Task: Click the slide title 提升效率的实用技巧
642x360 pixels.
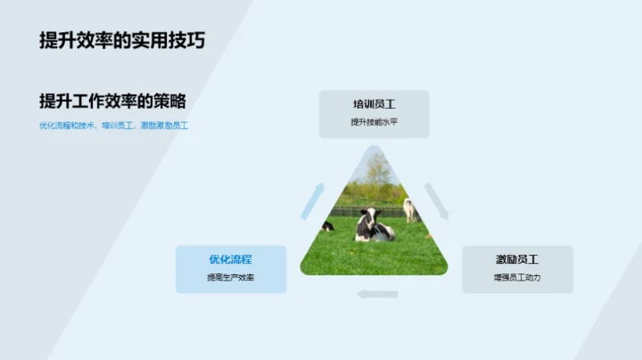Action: pos(128,41)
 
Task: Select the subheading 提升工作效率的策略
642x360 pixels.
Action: pos(112,101)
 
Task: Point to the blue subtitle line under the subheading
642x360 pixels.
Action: pos(113,126)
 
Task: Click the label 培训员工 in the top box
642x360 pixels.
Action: pos(374,104)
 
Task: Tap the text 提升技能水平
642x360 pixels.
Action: pos(374,122)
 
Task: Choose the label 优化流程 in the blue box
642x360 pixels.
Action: pos(230,259)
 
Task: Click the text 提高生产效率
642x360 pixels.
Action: pos(230,278)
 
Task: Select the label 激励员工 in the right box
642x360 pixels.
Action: pos(517,259)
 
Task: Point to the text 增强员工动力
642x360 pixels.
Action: pos(517,278)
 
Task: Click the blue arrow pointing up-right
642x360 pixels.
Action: pos(311,200)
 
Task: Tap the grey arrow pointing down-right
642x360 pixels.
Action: pos(436,200)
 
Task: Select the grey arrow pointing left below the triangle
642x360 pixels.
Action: pos(376,294)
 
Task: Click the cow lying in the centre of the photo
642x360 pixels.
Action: pos(374,229)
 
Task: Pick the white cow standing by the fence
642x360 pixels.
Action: pos(410,209)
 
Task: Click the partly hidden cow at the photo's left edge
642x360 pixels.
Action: pos(327,226)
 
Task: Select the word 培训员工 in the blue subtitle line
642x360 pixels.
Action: pos(119,126)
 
